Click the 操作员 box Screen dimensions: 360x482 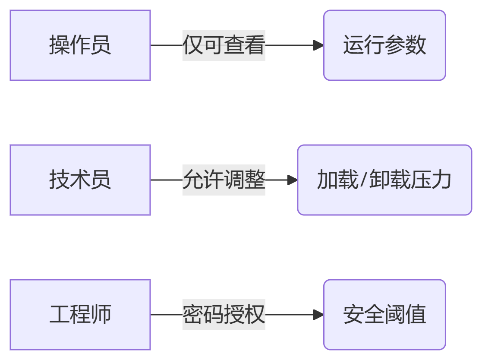(x=80, y=45)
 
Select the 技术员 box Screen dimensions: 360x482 (x=80, y=180)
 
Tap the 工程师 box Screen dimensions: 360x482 (x=80, y=315)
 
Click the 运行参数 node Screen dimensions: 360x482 (x=384, y=45)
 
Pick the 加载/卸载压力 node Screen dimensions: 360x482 (x=384, y=180)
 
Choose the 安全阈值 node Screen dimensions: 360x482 (x=384, y=315)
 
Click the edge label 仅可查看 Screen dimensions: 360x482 (x=224, y=45)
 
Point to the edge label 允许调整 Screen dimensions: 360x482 (x=224, y=180)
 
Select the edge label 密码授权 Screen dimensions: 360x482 (x=224, y=315)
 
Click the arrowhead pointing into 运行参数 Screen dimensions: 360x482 (x=318, y=45)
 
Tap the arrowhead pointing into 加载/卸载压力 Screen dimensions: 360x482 (x=293, y=180)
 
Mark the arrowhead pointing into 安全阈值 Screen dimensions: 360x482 (x=318, y=315)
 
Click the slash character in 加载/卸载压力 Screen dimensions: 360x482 (x=364, y=180)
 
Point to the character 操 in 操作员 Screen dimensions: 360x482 (x=59, y=45)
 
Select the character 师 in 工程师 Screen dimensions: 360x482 (x=101, y=315)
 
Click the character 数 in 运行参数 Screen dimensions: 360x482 (x=416, y=45)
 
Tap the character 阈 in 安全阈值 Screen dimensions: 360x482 (x=395, y=315)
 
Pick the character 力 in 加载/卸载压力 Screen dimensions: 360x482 (x=441, y=180)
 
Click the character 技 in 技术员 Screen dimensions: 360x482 (x=59, y=180)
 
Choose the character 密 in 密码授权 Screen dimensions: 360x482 (x=192, y=315)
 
